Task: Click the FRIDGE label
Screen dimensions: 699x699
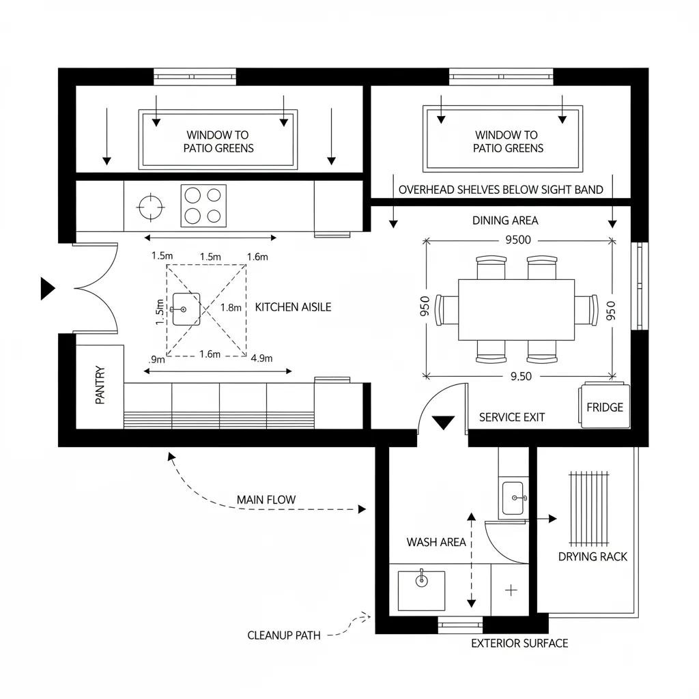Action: click(605, 408)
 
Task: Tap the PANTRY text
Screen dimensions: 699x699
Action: click(100, 385)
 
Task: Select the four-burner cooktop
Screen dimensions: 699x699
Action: click(203, 205)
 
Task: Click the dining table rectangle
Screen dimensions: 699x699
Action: click(516, 309)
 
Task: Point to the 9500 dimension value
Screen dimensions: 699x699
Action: click(517, 240)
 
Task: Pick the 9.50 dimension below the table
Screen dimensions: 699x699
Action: click(516, 376)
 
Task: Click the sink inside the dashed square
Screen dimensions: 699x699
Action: click(186, 309)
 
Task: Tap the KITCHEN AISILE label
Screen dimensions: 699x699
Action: click(293, 307)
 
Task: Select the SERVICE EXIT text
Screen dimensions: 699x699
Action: click(512, 417)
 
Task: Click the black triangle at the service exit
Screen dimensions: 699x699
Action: click(444, 422)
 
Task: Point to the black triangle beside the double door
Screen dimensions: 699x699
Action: click(47, 289)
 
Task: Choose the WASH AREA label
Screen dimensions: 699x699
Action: click(436, 542)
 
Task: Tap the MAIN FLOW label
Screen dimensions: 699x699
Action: click(266, 500)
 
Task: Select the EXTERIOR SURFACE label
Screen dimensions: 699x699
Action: click(519, 643)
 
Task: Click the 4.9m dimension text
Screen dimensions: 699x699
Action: click(261, 358)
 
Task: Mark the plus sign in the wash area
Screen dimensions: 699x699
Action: click(511, 590)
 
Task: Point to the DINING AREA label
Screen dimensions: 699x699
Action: click(505, 220)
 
